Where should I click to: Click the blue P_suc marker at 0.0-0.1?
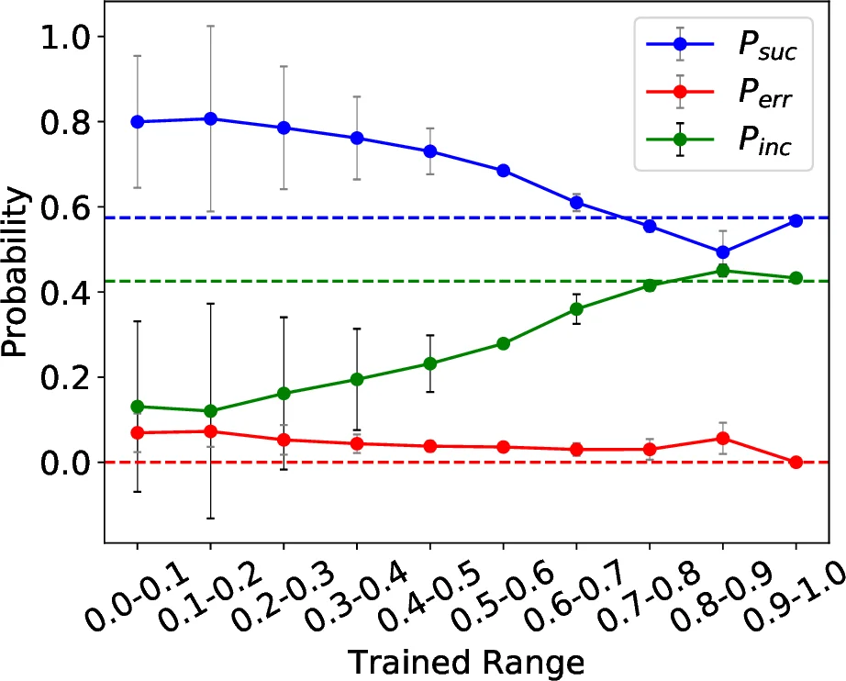[x=138, y=122]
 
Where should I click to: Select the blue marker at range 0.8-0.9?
[x=722, y=252]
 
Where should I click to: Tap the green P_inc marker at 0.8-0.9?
[x=722, y=271]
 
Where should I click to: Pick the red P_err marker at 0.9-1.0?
[x=796, y=462]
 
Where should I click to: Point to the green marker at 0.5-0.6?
[x=503, y=343]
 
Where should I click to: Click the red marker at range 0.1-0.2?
[x=210, y=431]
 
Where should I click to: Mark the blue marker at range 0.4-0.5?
[x=430, y=151]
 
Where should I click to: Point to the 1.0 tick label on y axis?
[x=61, y=38]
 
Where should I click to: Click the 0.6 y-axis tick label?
[x=61, y=207]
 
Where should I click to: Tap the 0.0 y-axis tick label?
[x=61, y=463]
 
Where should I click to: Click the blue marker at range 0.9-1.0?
[x=796, y=221]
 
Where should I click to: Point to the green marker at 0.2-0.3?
[x=284, y=394]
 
